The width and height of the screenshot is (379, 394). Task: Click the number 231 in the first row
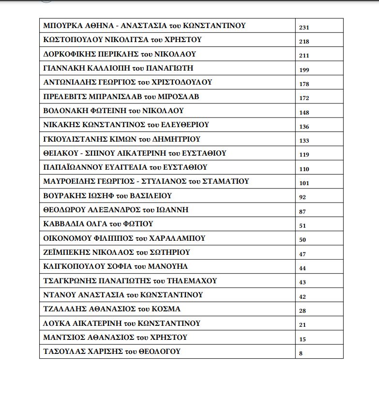point(304,28)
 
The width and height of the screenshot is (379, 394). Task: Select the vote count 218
point(304,42)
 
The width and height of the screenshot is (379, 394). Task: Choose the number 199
point(304,70)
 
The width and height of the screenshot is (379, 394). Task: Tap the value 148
point(304,113)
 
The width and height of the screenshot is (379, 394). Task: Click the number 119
point(304,155)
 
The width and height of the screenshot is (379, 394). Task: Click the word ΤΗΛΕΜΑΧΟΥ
point(191,280)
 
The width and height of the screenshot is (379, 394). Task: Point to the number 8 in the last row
point(301,353)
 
